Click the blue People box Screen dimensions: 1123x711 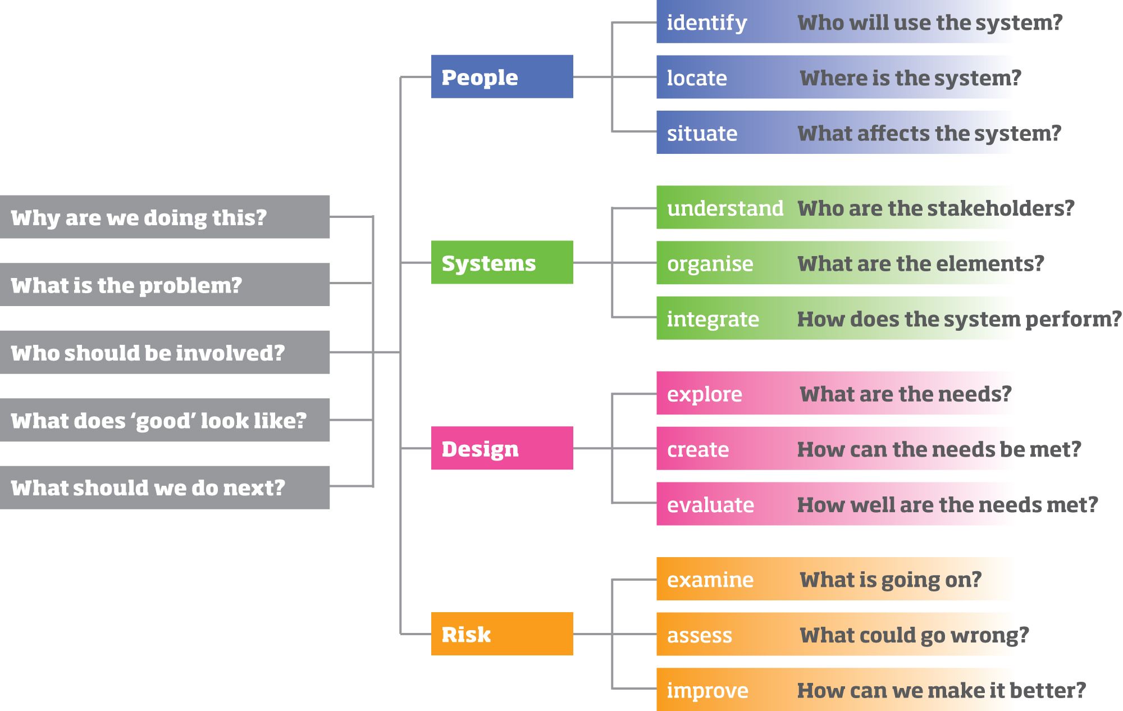click(502, 76)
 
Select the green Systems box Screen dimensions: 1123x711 click(502, 262)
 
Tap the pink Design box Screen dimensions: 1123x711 click(502, 448)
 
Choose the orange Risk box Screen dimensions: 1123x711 click(502, 633)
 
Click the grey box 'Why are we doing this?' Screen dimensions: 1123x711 click(165, 217)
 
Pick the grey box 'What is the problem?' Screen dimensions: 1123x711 click(165, 285)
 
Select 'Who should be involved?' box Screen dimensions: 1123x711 click(165, 352)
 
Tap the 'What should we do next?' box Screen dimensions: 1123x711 click(165, 487)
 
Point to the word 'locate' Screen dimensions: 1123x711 click(697, 78)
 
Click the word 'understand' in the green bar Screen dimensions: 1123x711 click(725, 208)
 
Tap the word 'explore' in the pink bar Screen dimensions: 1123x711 click(705, 395)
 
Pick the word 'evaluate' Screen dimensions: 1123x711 click(710, 505)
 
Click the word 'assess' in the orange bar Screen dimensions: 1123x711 click(700, 636)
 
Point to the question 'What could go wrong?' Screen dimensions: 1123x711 click(914, 636)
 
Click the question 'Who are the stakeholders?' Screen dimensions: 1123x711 click(935, 208)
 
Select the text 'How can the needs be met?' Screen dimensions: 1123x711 click(939, 449)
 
